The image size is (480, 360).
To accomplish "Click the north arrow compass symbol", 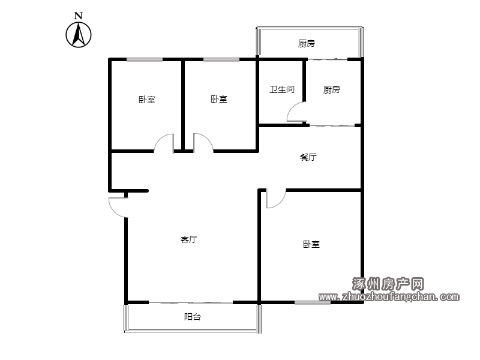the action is coord(79,35).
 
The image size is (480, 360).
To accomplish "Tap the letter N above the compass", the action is coord(79,16).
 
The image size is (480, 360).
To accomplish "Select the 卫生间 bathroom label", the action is coord(282,89).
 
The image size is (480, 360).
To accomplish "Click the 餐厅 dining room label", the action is coord(308,157).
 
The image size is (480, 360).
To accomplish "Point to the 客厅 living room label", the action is coord(189,239).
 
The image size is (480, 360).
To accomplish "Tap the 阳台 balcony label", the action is coord(193,317).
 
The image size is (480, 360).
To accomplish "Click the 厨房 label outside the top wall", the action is coord(307,43).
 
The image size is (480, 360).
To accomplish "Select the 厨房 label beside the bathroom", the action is coord(332,89).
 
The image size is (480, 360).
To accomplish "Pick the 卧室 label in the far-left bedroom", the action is coord(147,100).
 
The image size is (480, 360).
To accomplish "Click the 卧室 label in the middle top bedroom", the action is coord(219,99).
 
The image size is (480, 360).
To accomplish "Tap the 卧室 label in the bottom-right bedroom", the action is coord(311,244).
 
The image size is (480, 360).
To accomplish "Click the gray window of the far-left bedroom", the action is coord(145,59).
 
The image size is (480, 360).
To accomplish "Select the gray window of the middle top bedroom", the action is coord(221,59).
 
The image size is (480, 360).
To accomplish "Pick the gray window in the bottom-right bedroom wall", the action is coord(313,302).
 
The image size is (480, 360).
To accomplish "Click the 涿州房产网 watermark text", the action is coord(388,284).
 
